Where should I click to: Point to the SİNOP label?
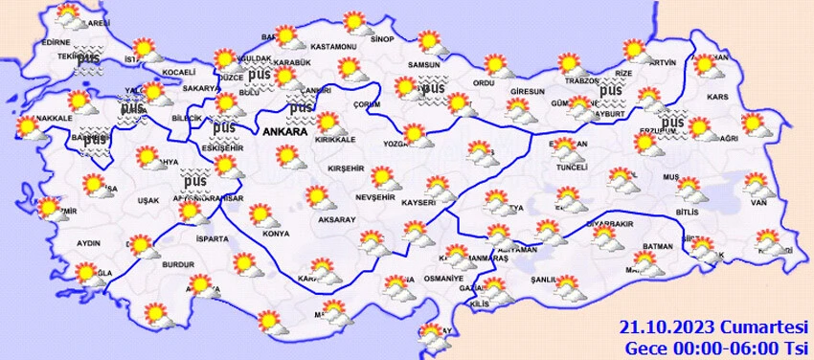coord(382,39)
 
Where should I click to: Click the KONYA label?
coord(276,233)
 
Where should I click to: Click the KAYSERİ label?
coord(418,203)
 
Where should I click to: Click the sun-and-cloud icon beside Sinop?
coord(355,22)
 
